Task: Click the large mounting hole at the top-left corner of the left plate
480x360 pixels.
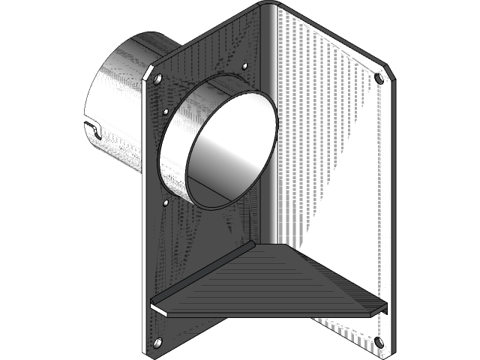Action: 157,77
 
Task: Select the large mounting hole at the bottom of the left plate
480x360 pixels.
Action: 157,343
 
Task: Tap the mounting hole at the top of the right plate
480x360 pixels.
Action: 379,77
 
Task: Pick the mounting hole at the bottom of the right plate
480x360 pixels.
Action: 378,342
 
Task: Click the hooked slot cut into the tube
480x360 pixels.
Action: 91,127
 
